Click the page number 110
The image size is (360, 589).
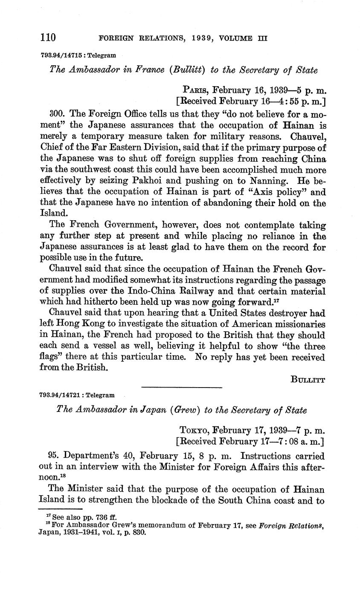[48, 38]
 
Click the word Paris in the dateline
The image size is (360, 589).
[195, 90]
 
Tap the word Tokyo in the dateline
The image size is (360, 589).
[193, 430]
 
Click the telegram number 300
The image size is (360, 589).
[57, 114]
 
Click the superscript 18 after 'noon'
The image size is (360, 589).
[62, 476]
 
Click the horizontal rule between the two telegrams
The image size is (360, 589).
[181, 387]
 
